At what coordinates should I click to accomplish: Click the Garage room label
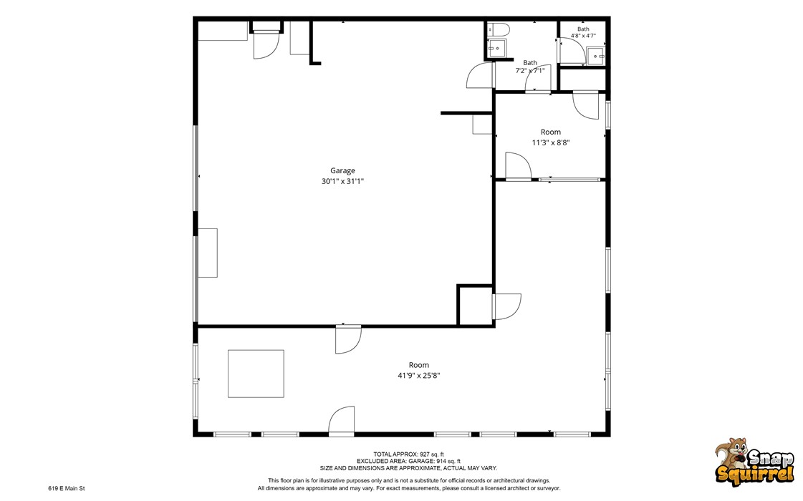(x=342, y=171)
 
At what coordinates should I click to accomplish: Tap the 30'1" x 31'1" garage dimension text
(x=342, y=181)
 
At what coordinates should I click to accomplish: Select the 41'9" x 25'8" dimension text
(x=419, y=376)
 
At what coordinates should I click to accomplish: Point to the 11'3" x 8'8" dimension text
(x=551, y=142)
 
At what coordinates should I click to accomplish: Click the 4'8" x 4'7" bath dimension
(x=583, y=36)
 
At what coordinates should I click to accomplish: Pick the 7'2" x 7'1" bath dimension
(x=529, y=71)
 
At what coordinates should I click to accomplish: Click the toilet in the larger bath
(x=496, y=29)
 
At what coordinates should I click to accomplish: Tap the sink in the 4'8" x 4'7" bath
(x=595, y=56)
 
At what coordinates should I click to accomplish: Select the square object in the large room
(x=256, y=374)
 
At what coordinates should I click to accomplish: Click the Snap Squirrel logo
(x=755, y=460)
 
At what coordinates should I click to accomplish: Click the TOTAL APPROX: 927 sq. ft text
(x=409, y=454)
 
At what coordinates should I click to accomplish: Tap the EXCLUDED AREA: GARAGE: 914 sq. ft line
(x=409, y=461)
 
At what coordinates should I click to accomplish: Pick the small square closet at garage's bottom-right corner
(x=475, y=305)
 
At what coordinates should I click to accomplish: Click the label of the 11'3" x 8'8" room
(x=551, y=132)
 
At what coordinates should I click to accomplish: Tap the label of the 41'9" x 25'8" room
(x=419, y=365)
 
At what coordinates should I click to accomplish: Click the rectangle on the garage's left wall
(x=208, y=253)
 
